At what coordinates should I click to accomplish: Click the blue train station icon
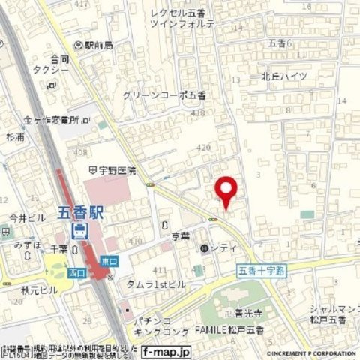(79, 229)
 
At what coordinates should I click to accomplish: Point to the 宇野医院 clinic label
(115, 170)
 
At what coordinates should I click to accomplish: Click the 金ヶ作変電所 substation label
(51, 120)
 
